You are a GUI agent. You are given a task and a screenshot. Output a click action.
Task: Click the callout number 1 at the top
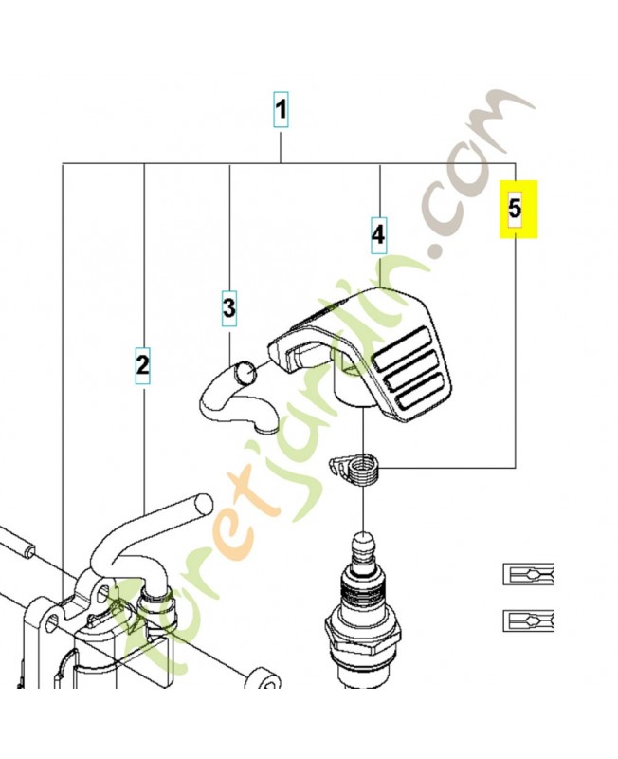click(281, 111)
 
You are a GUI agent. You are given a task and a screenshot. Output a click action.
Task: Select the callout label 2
click(142, 362)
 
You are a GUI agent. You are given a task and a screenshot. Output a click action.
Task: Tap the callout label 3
click(229, 307)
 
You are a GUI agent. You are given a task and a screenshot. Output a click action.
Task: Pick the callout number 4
click(378, 233)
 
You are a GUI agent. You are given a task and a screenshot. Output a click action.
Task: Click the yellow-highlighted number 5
click(515, 210)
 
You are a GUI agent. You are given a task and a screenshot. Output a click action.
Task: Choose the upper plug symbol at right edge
click(527, 575)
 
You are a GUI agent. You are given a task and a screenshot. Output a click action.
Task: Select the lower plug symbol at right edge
click(527, 620)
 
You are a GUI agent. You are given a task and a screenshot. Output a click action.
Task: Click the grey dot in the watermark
click(436, 252)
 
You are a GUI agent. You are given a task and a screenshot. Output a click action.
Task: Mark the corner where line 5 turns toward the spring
click(515, 467)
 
